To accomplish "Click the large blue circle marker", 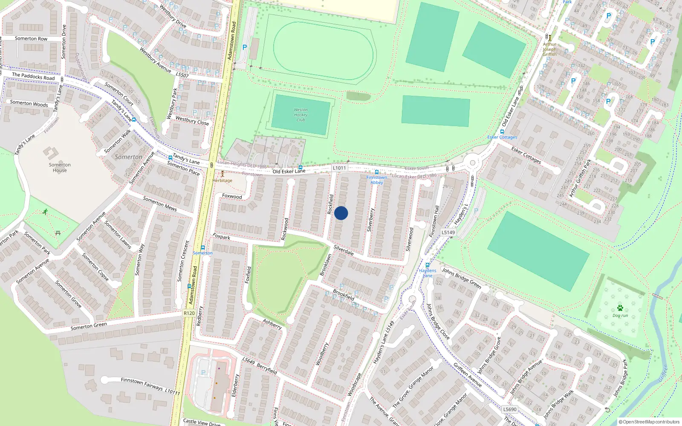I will click(x=341, y=213).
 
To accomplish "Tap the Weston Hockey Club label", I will click(x=301, y=115).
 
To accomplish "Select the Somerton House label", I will click(x=60, y=167).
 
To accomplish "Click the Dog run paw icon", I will click(x=620, y=308).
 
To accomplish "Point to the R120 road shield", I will click(x=189, y=313).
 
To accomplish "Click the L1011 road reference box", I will click(x=339, y=168).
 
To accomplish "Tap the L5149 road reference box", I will click(x=448, y=233).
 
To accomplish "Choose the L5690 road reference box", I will click(x=510, y=409).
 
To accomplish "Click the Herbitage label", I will click(x=223, y=180).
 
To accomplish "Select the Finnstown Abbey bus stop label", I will click(x=377, y=180).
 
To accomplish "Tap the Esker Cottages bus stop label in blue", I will click(x=502, y=137).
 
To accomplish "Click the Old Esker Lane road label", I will click(x=289, y=171).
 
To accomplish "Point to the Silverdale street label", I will click(x=344, y=250).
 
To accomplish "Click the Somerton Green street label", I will click(x=89, y=326).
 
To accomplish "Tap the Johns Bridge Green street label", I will click(x=462, y=278).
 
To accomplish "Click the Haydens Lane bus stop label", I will click(x=428, y=273).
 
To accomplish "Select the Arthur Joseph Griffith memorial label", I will click(x=549, y=49).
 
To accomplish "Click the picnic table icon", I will click(x=58, y=233).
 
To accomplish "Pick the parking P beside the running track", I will click(x=245, y=47).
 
